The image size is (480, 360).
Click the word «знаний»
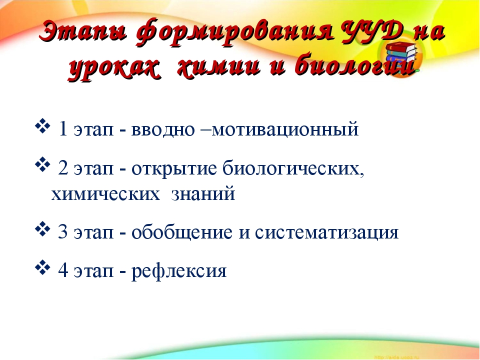(x=203, y=194)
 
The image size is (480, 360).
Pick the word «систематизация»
(x=326, y=233)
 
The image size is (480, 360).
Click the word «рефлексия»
(x=179, y=271)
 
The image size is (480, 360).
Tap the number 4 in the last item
(x=63, y=270)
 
